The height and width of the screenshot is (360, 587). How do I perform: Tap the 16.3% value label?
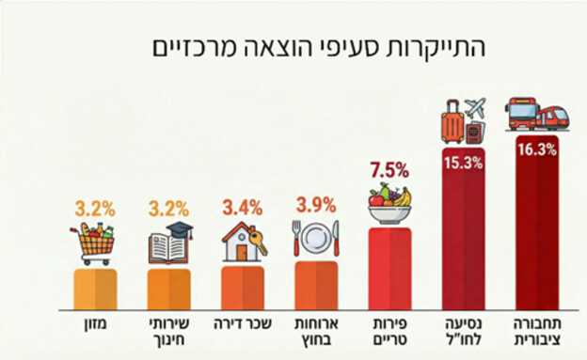tap(535, 149)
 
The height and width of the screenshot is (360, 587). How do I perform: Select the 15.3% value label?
tap(463, 162)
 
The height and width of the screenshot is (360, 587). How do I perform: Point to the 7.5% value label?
tap(389, 170)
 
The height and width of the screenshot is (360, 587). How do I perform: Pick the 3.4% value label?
tap(242, 205)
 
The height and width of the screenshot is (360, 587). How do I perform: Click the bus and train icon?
tap(535, 115)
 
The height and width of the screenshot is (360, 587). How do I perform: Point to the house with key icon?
tap(243, 243)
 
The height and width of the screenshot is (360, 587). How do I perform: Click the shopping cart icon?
tap(95, 243)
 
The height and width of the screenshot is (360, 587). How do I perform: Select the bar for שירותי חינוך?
tap(169, 289)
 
